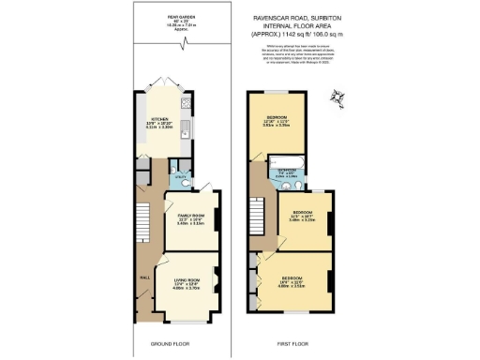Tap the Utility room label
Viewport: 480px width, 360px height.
(x=180, y=177)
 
